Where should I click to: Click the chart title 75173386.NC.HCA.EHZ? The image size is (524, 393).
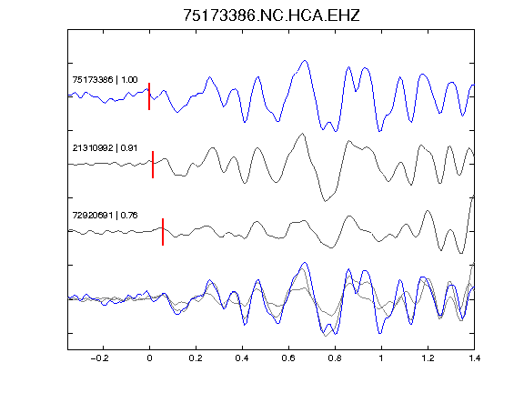pyautogui.click(x=271, y=15)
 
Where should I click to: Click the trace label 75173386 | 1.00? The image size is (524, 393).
pyautogui.click(x=105, y=79)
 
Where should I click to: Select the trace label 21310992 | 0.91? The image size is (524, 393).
pyautogui.click(x=105, y=147)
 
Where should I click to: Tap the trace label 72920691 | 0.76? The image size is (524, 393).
pyautogui.click(x=105, y=216)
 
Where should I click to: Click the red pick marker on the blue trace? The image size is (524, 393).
pyautogui.click(x=149, y=96)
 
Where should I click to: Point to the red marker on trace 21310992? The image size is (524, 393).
pyautogui.click(x=153, y=165)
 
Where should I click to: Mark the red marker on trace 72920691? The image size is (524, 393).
pyautogui.click(x=163, y=232)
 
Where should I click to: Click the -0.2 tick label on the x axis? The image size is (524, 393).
pyautogui.click(x=100, y=358)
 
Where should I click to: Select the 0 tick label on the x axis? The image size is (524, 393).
pyautogui.click(x=149, y=358)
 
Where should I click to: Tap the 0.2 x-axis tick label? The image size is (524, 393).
pyautogui.click(x=196, y=358)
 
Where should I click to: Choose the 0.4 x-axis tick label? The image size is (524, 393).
pyautogui.click(x=242, y=358)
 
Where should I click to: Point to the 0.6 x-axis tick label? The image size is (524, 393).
pyautogui.click(x=288, y=358)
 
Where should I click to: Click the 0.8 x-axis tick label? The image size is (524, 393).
pyautogui.click(x=335, y=358)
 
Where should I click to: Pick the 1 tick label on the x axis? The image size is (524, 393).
pyautogui.click(x=381, y=358)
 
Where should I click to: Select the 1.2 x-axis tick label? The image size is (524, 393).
pyautogui.click(x=428, y=358)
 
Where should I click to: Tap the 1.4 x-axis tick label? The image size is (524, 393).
pyautogui.click(x=474, y=358)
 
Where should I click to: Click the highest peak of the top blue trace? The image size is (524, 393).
pyautogui.click(x=305, y=60)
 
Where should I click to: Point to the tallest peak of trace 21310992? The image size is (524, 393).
pyautogui.click(x=303, y=134)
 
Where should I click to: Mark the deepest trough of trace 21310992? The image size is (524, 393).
pyautogui.click(x=325, y=201)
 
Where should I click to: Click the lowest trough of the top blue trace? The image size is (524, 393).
pyautogui.click(x=379, y=132)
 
